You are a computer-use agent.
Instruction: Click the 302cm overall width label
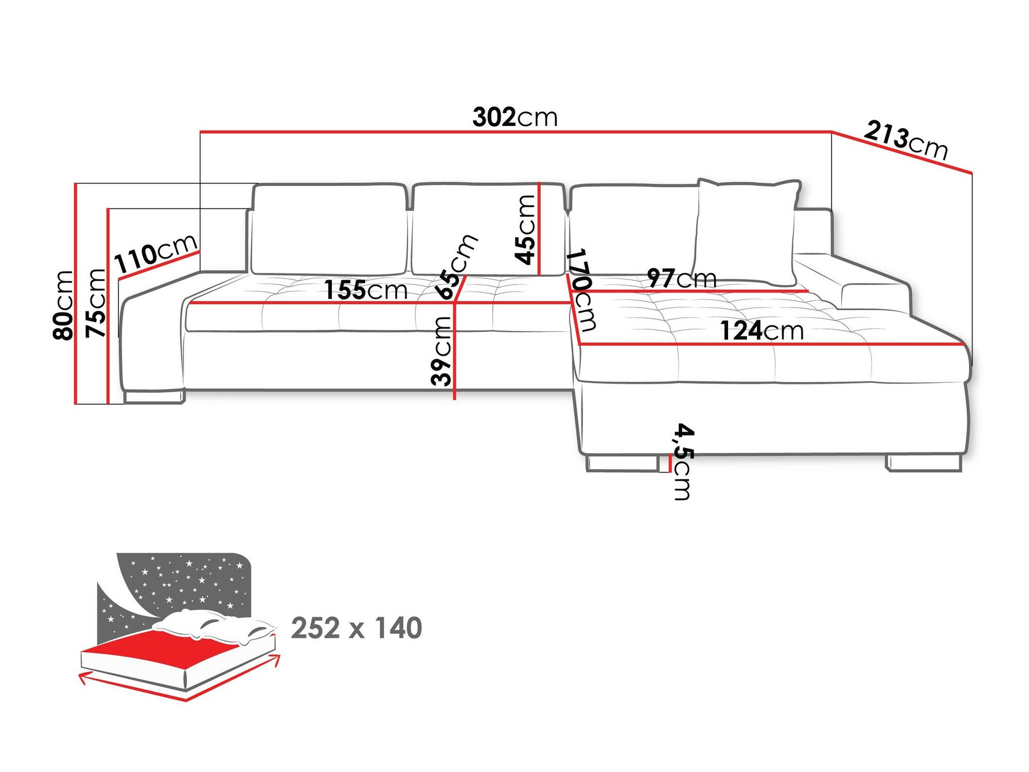(515, 117)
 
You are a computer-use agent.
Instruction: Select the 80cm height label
(63, 305)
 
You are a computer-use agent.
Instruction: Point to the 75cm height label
(96, 303)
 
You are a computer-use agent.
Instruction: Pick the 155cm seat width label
(366, 290)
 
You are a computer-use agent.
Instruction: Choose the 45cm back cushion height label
(526, 230)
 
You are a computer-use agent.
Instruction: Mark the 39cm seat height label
(441, 351)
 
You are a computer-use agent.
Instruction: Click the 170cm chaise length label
(582, 290)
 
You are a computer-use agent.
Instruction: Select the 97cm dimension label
(682, 278)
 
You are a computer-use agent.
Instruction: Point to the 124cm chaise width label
(761, 331)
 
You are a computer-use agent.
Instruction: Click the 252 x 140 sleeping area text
(357, 628)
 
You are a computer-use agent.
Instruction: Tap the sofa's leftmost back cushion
(329, 229)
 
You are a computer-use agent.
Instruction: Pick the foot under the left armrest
(153, 396)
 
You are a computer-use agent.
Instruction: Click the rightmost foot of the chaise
(924, 463)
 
